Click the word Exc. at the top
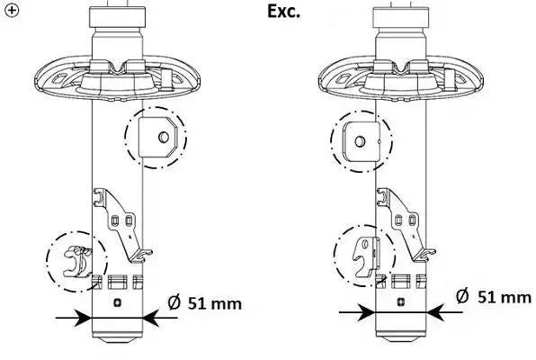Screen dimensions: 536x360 [283, 12]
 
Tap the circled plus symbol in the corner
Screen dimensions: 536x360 [12, 10]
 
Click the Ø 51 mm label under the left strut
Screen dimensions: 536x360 [205, 303]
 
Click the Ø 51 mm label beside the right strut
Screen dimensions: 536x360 [493, 296]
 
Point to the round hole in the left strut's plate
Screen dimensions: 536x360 [164, 137]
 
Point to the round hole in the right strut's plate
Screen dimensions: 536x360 [360, 141]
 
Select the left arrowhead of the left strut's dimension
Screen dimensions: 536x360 [83, 318]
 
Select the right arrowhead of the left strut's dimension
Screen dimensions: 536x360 [151, 318]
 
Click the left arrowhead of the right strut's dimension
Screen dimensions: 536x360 [366, 312]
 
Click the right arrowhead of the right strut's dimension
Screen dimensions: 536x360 [435, 312]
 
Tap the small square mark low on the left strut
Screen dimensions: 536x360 [117, 302]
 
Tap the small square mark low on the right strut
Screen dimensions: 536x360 [401, 301]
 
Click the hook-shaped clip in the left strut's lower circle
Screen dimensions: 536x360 [78, 261]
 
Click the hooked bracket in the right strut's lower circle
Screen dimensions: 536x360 [366, 256]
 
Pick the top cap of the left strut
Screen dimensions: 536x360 [117, 17]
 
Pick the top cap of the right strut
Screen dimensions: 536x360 [401, 17]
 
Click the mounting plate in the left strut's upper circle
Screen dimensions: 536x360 [158, 137]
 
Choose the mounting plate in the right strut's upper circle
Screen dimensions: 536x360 [362, 141]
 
